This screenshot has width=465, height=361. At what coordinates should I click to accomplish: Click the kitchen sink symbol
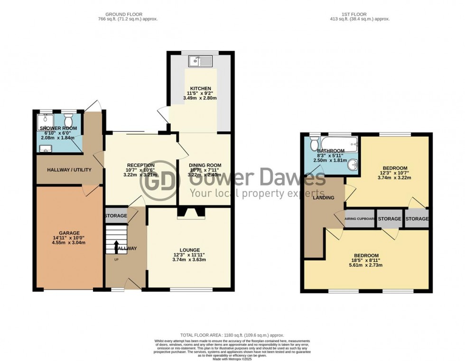[199, 61]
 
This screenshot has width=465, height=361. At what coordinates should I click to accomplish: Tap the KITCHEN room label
[200, 89]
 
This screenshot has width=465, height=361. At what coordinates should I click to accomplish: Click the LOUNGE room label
[190, 250]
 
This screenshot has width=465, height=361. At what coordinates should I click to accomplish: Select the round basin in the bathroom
[352, 165]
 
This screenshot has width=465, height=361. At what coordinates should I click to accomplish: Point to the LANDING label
[324, 198]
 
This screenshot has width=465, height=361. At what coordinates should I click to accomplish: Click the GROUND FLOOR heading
[124, 15]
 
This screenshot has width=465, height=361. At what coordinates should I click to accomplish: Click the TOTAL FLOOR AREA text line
[232, 335]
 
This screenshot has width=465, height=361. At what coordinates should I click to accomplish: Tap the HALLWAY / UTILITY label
[69, 169]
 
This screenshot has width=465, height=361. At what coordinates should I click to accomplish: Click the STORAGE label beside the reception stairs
[116, 216]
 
